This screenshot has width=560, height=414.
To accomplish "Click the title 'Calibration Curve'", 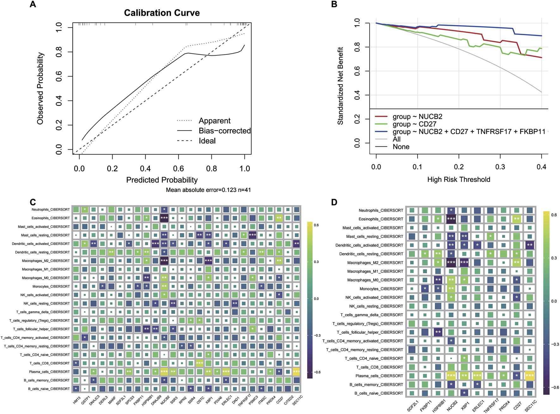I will point(162,13).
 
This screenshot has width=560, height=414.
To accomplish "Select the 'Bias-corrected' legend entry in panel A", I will point(224,131).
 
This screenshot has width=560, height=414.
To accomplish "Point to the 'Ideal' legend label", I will point(207,141).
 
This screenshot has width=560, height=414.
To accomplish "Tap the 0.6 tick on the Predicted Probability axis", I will point(179,168).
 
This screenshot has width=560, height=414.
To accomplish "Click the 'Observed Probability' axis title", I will point(40,89).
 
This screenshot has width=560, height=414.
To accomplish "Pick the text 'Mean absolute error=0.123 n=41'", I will point(208,190).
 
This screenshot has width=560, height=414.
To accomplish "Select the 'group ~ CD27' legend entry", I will point(414,124).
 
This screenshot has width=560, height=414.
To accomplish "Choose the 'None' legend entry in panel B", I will point(401,147).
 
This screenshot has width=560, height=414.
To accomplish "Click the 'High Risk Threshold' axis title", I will point(459,179).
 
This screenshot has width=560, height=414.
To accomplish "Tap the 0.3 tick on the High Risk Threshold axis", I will point(500,167).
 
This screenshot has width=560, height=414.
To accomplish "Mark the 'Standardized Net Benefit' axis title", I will point(340,86).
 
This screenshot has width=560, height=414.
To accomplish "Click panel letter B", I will point(334,4).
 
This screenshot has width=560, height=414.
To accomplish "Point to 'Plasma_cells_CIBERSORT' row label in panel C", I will point(49,372).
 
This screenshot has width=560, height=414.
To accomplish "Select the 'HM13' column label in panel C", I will point(77,400).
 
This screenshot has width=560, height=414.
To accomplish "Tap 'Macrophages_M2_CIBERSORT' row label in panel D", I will point(375,263).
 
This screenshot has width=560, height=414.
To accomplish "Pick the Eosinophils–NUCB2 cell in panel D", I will point(451,219).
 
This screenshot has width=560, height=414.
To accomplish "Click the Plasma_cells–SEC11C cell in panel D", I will point(530,376).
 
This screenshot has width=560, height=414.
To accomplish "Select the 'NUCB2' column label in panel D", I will point(452,405).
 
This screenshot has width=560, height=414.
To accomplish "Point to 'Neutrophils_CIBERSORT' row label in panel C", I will point(51,209).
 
